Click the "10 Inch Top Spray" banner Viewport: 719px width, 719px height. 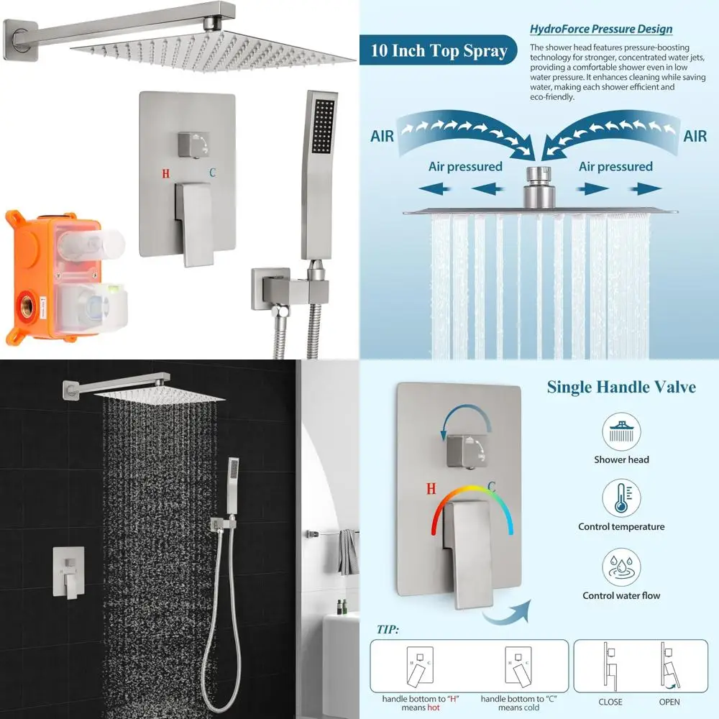click(x=439, y=51)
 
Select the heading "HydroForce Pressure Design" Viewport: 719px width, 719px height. click(x=601, y=29)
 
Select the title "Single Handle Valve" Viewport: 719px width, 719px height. click(x=621, y=388)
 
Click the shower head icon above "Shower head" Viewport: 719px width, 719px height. click(x=621, y=431)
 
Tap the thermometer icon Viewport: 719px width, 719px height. click(x=621, y=498)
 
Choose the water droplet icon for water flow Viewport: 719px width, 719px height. click(x=621, y=567)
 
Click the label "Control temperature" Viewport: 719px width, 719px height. click(x=621, y=527)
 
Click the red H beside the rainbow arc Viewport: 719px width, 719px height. click(x=431, y=489)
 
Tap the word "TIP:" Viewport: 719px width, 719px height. click(x=388, y=630)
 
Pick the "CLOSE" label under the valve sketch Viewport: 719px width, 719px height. click(x=610, y=702)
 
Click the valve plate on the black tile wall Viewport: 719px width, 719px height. click(x=68, y=573)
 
